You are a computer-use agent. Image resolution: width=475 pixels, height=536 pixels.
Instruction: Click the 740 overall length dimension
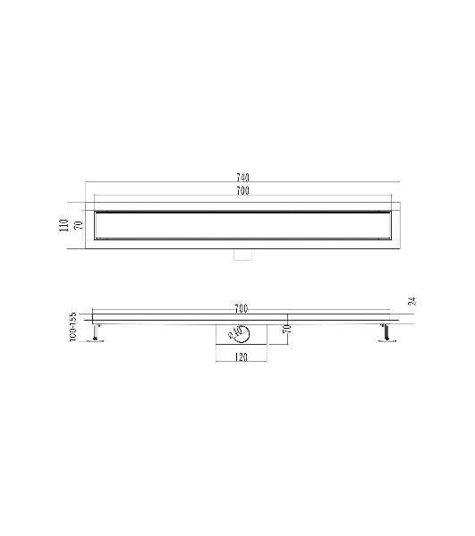click(242, 178)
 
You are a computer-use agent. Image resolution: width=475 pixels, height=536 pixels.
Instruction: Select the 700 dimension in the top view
click(242, 191)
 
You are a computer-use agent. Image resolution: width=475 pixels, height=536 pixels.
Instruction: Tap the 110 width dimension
click(64, 225)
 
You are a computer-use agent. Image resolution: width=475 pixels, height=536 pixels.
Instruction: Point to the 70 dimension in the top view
click(79, 225)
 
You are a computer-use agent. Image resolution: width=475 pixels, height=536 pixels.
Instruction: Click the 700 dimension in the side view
click(242, 309)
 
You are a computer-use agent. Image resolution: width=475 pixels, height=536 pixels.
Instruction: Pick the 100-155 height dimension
click(72, 326)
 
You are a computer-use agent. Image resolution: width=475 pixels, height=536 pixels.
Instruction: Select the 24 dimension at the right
click(412, 301)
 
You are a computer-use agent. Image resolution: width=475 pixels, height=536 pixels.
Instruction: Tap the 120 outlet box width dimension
click(242, 357)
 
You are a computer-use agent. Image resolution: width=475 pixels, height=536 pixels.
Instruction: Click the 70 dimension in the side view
click(288, 329)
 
